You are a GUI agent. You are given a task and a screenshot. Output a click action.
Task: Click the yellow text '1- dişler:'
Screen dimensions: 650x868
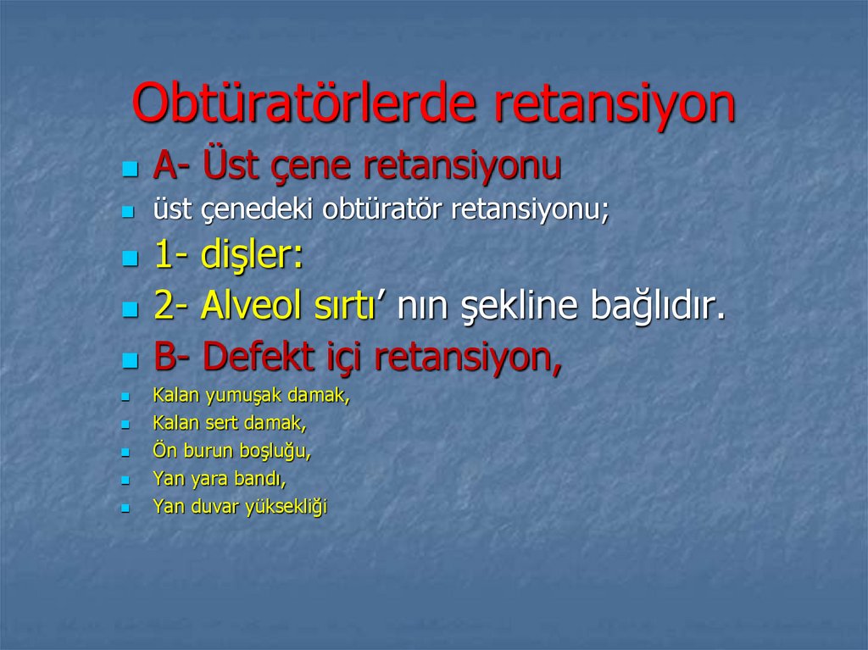[x=228, y=256]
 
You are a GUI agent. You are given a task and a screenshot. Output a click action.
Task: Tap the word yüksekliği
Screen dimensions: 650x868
[x=286, y=508]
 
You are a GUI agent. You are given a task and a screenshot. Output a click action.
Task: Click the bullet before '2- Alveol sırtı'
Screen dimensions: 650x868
[x=129, y=309]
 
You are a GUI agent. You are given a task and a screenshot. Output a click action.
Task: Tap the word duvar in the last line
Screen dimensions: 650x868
[x=213, y=508]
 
